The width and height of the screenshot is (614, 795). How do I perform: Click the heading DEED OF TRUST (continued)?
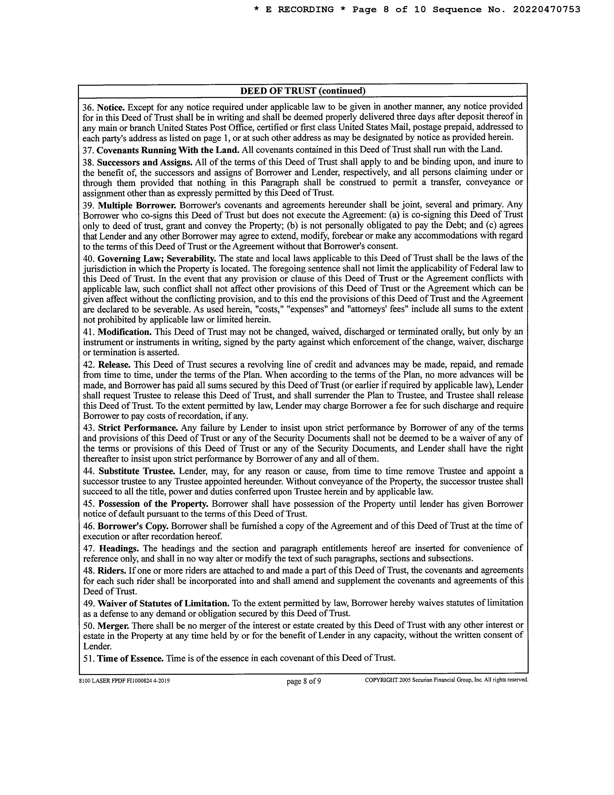[x=303, y=91]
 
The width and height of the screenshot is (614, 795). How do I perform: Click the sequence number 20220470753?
[x=546, y=9]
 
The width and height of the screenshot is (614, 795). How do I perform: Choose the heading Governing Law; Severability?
[x=157, y=259]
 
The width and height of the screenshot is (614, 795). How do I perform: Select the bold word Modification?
[x=125, y=332]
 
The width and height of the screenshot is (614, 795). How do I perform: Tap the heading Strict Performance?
[x=138, y=428]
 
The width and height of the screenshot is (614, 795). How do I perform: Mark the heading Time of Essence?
[x=130, y=658]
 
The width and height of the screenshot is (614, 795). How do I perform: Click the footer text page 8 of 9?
[x=304, y=681]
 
